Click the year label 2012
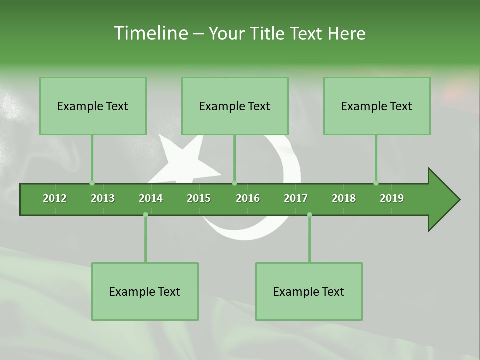(55, 198)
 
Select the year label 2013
(103, 198)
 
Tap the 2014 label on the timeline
(151, 198)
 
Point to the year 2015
(199, 198)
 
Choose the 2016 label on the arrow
(248, 198)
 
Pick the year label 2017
(296, 198)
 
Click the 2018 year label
(344, 198)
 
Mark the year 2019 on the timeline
(392, 198)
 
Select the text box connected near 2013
(93, 106)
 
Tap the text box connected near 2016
(235, 106)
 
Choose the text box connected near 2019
(377, 106)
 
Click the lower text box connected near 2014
(145, 291)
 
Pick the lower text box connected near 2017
(309, 291)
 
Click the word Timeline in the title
(150, 33)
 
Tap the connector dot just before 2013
(92, 183)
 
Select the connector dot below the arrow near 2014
(145, 215)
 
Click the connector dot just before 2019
(376, 183)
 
